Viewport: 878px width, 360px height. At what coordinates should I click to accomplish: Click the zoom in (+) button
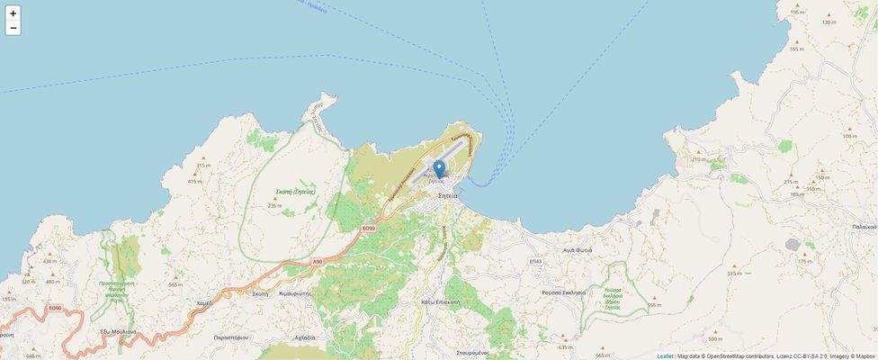coord(13,13)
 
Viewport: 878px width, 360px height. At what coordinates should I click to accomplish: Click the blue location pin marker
coord(439,169)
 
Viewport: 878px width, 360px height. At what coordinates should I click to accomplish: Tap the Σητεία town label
coord(447,195)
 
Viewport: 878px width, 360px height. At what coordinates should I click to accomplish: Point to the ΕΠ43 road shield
coord(536,261)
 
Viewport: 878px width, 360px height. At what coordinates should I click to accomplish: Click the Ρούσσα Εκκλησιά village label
coord(564,292)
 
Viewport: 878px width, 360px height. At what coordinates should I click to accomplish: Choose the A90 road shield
coord(317,261)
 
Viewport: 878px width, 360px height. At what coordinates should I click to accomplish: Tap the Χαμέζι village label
coord(203,303)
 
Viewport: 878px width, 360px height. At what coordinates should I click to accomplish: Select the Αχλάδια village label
coord(305,337)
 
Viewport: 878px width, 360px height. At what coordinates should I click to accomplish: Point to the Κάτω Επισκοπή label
coord(440,302)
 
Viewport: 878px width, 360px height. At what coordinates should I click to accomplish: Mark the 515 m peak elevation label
coord(734,273)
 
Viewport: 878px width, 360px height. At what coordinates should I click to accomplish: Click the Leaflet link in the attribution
coord(665,355)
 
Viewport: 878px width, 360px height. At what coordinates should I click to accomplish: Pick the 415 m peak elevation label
coord(194,181)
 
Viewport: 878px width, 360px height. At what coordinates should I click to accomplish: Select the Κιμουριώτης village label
coord(294,293)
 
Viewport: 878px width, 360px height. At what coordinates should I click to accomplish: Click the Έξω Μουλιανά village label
coord(118,331)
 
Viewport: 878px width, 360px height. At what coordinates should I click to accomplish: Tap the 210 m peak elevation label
coord(700,159)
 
